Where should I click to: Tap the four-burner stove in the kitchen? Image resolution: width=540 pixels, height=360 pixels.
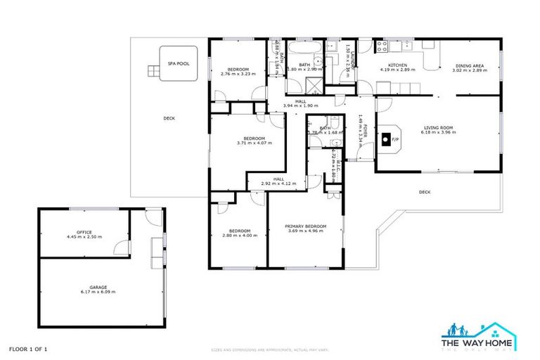click(383, 46)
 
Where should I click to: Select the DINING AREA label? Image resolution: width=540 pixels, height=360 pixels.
click(468, 65)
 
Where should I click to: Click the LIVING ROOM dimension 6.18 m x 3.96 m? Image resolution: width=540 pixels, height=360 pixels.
click(437, 132)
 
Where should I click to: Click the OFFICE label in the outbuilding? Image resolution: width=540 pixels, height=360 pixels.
click(84, 231)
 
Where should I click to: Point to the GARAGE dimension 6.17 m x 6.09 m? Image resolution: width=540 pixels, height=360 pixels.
click(98, 291)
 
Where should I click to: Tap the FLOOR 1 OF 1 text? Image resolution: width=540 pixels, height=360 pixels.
click(28, 348)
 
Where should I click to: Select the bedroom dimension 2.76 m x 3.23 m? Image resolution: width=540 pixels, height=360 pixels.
click(235, 74)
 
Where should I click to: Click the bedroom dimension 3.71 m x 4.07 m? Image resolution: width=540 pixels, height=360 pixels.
click(254, 143)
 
